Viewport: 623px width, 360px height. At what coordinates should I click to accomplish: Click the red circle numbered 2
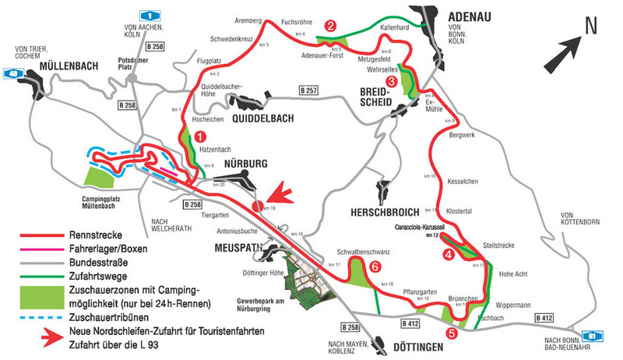(x=331, y=26)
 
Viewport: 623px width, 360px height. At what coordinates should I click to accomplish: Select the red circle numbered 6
(x=375, y=267)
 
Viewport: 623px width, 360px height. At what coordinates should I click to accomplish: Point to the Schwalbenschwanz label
(x=363, y=252)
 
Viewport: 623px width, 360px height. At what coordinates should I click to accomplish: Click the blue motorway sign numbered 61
(x=596, y=335)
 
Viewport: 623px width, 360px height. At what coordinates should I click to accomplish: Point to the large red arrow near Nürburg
(x=279, y=194)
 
